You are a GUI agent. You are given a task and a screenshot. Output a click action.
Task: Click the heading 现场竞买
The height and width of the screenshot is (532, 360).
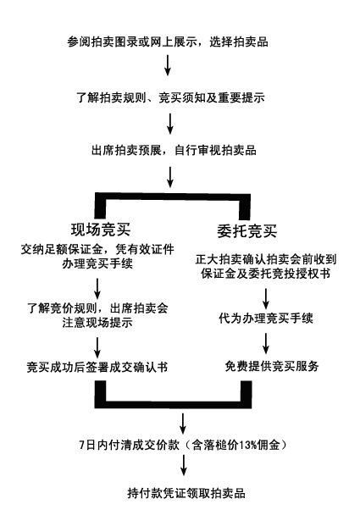[x=101, y=230]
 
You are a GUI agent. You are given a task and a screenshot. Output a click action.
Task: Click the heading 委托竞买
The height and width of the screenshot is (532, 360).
[x=247, y=231]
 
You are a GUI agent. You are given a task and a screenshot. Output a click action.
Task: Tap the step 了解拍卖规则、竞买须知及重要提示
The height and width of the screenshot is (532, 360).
[x=171, y=97]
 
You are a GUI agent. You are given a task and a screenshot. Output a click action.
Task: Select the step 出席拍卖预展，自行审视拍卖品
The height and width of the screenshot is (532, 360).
[x=174, y=150]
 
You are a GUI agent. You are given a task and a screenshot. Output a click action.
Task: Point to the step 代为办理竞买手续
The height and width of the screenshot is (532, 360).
[x=266, y=319]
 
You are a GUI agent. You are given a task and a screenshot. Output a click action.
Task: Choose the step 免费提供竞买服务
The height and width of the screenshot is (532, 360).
[x=272, y=366]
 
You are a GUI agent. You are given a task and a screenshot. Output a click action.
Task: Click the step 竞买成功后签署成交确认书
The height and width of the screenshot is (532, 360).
[x=97, y=367]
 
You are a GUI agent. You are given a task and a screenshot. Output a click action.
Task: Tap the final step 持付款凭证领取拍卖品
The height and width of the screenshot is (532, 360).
[x=186, y=493]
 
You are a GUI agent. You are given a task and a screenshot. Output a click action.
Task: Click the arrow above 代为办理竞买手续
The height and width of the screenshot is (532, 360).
[x=266, y=298]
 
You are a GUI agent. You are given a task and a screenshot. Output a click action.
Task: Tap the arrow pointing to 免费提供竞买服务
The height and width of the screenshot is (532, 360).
[x=266, y=343]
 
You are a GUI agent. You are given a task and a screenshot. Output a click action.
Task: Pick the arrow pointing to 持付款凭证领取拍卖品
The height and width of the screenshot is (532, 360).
[x=184, y=465]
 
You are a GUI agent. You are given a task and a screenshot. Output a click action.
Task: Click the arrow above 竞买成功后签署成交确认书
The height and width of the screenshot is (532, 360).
[x=97, y=346]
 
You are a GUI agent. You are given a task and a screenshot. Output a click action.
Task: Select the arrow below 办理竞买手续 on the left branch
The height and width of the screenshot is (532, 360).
[x=97, y=288]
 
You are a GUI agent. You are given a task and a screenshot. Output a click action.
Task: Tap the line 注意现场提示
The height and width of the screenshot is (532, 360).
[x=97, y=322]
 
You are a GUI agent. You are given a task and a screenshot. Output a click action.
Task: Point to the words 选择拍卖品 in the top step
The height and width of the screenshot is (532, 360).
[x=239, y=42]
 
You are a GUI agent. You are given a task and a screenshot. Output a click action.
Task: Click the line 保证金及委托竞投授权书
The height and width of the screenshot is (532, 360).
[x=266, y=274]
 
